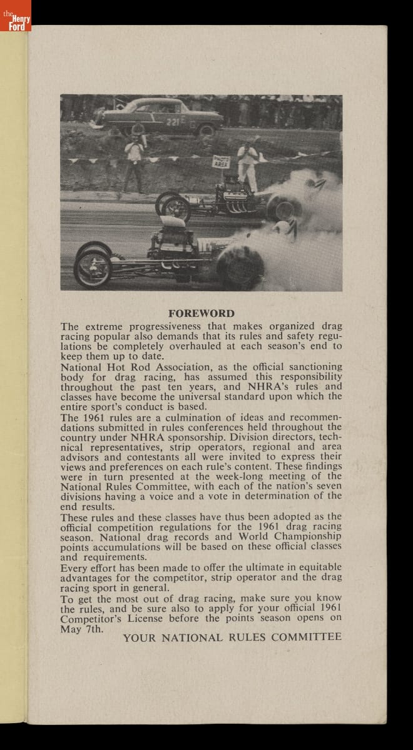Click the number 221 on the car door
[173, 122]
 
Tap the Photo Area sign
[222, 162]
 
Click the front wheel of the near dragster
[93, 267]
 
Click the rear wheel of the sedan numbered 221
[206, 129]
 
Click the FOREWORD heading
[201, 314]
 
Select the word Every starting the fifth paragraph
[76, 567]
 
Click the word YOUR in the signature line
[139, 637]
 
